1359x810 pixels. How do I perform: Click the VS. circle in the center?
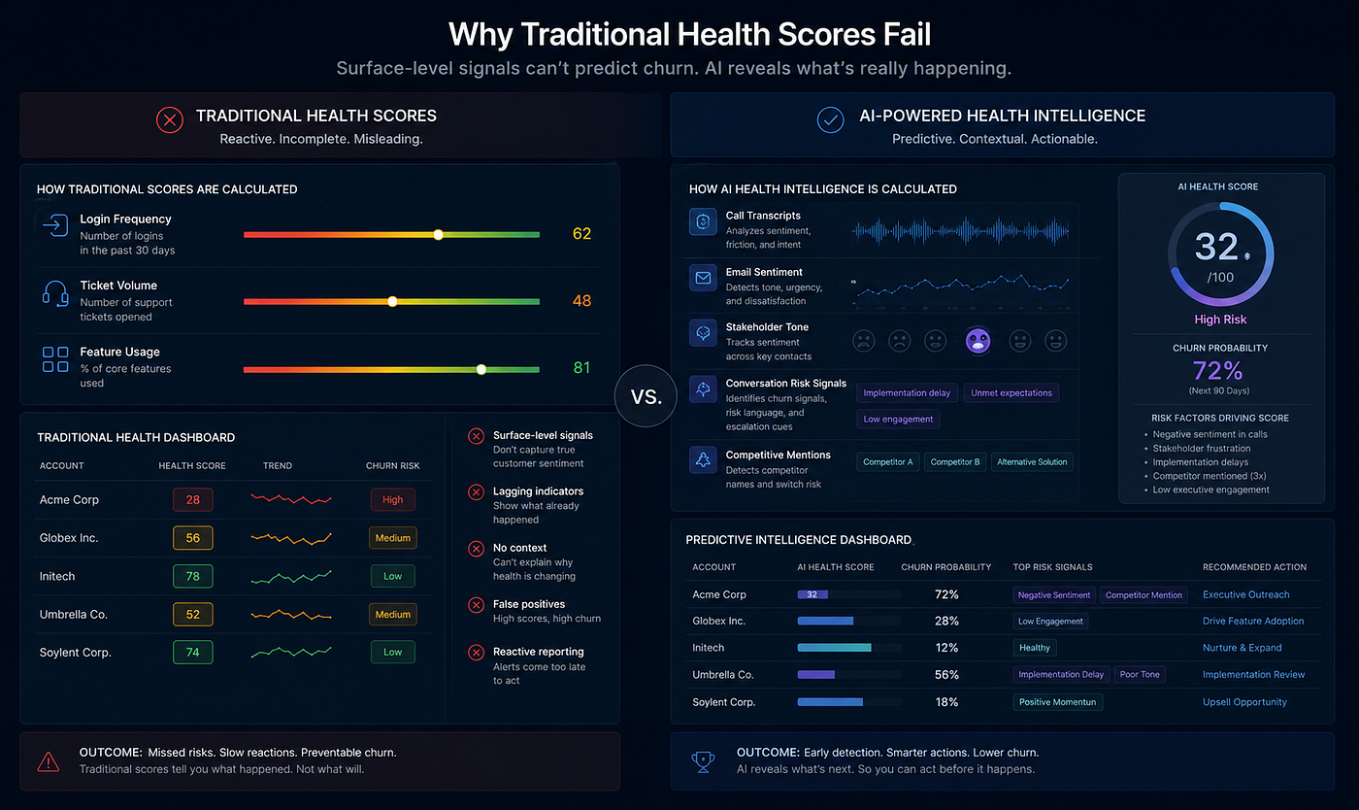coord(646,396)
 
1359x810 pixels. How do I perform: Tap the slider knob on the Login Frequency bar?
coord(438,234)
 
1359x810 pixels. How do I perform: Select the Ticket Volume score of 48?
coord(581,300)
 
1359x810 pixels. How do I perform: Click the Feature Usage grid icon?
coord(55,359)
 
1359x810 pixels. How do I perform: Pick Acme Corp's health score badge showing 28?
coord(193,500)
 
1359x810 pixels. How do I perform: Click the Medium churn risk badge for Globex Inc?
coord(392,538)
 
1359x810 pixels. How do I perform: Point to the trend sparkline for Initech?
coord(291,577)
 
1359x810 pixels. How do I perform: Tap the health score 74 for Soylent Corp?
coord(193,652)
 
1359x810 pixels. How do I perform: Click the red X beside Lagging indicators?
coord(477,491)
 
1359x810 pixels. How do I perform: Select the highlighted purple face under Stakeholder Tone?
coord(978,341)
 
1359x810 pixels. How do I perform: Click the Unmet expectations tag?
coord(1011,392)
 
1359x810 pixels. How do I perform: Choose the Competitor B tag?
coord(955,462)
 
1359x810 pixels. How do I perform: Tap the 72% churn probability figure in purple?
coord(1217,370)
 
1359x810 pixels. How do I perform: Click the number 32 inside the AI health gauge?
coord(1216,247)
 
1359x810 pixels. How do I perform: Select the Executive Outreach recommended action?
coord(1246,594)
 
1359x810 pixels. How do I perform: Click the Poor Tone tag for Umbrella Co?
coord(1140,675)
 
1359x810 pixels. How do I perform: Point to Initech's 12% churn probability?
coord(946,648)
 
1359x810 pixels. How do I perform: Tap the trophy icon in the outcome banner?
coord(703,761)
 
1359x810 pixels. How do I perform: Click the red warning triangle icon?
coord(49,761)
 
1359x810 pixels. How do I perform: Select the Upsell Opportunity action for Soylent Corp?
coord(1244,702)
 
